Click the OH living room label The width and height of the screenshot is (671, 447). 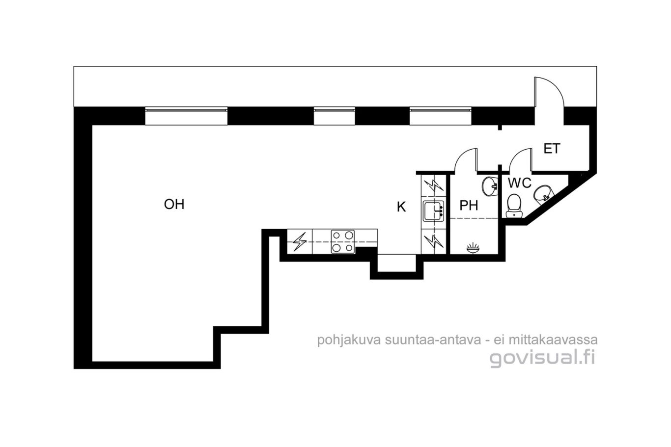point(174,204)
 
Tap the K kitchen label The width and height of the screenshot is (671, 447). point(401,207)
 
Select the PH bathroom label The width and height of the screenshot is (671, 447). point(469,206)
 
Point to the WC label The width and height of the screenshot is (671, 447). point(520,183)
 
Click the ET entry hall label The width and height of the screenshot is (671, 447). point(552,149)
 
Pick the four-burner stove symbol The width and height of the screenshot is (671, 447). point(343,241)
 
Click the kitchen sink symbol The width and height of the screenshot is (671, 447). point(433,211)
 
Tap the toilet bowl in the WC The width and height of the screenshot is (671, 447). point(514,206)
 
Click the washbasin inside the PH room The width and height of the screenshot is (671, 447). point(490,186)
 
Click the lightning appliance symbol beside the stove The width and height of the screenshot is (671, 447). point(300,242)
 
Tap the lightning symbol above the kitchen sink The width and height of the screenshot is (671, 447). point(433,185)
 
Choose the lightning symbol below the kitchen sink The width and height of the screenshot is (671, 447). point(433,241)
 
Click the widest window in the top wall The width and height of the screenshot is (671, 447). point(186,116)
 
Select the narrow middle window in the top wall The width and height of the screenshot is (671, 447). point(335,116)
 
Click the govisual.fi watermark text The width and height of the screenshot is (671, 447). point(542,358)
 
